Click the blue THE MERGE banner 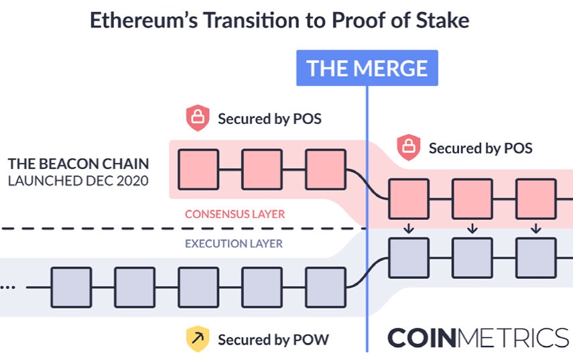(367, 68)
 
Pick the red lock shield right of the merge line (408, 147)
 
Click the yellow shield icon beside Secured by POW (197, 339)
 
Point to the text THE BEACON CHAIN (78, 164)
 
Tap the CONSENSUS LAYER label (235, 215)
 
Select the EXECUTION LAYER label (234, 244)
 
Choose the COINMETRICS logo (478, 338)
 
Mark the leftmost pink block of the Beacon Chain (198, 170)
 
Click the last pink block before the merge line (326, 170)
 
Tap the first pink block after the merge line (409, 199)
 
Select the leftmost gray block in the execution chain (72, 287)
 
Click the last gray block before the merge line (326, 287)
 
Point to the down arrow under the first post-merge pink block (409, 229)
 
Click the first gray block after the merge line (409, 258)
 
